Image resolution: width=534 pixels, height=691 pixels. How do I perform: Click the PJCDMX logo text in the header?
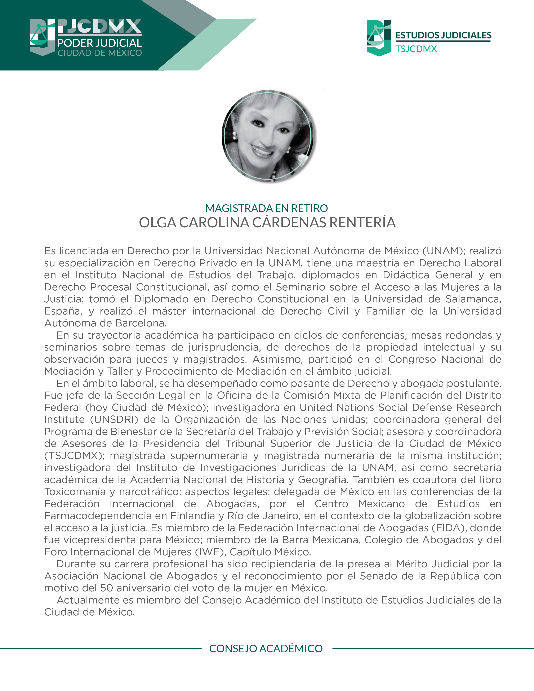coord(100,27)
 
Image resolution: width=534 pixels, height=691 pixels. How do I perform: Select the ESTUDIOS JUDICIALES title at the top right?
coord(443,35)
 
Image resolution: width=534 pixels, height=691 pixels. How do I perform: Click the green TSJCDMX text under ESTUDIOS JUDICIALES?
coord(416,49)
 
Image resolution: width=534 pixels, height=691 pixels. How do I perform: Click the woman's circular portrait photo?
coord(267,136)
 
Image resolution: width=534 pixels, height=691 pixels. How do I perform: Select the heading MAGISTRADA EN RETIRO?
coord(266,208)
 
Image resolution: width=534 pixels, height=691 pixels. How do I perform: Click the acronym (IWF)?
coord(211,552)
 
